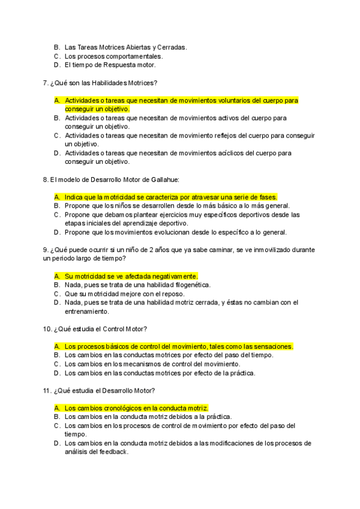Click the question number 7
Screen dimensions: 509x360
click(46, 82)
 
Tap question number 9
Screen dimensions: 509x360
click(46, 249)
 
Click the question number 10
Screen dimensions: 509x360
click(47, 329)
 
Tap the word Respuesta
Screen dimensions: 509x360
click(117, 65)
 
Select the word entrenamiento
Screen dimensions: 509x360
click(86, 312)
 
